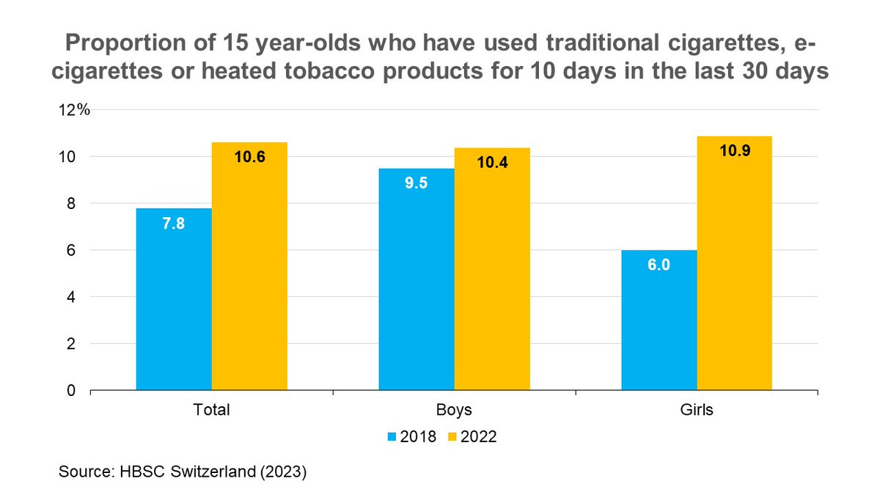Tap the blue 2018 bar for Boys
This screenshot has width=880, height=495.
pyautogui.click(x=416, y=279)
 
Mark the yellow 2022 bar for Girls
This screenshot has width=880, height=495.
pyautogui.click(x=734, y=263)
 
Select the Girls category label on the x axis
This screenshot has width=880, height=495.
pyautogui.click(x=696, y=411)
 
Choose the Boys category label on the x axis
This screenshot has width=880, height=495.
pyautogui.click(x=454, y=411)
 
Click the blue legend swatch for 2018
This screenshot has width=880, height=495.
pyautogui.click(x=392, y=437)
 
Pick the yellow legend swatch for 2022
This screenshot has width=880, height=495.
pyautogui.click(x=452, y=437)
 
